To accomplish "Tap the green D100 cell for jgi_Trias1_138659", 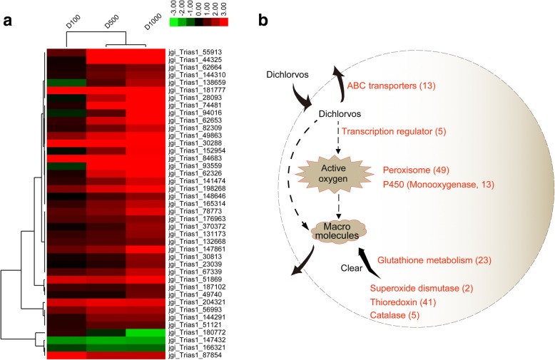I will coord(66,83).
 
